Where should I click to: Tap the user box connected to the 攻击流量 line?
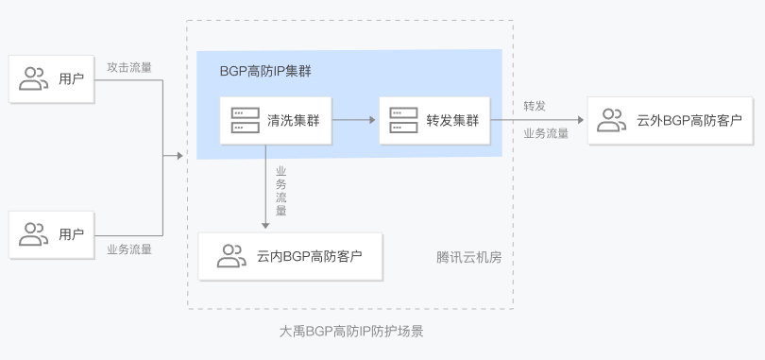pyautogui.click(x=51, y=79)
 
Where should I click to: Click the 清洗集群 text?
pyautogui.click(x=293, y=120)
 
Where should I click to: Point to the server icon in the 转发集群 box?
pyautogui.click(x=404, y=120)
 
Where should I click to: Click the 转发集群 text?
pyautogui.click(x=452, y=120)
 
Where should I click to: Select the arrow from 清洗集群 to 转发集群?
pyautogui.click(x=354, y=120)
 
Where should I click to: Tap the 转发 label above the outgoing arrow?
pyautogui.click(x=535, y=104)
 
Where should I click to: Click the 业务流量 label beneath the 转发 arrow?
pyautogui.click(x=546, y=133)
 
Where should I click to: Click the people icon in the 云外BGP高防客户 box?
pyautogui.click(x=612, y=120)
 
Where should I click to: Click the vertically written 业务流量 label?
pyautogui.click(x=280, y=192)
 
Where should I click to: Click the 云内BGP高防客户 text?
pyautogui.click(x=309, y=256)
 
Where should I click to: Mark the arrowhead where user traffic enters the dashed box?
pyautogui.click(x=178, y=155)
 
